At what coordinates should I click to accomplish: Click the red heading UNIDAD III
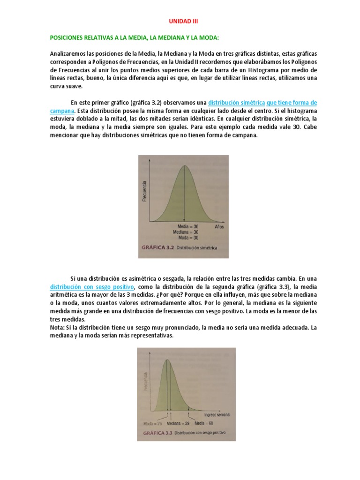tap(180, 21)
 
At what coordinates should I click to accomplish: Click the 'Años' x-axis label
tap(219, 226)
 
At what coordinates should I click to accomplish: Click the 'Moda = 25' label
tap(153, 423)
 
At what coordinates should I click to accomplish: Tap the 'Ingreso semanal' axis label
tap(217, 415)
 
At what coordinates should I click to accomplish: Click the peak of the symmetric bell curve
tap(185, 165)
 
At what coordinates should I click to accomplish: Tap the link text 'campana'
tap(62, 111)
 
